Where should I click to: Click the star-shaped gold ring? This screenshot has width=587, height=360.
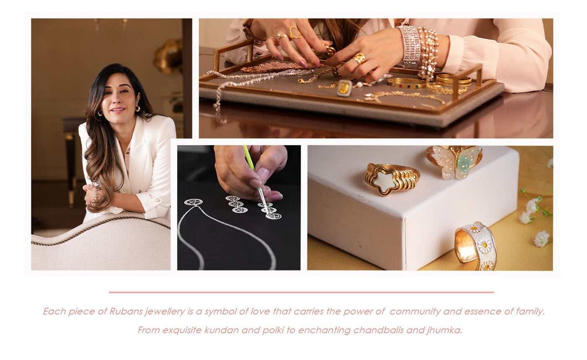pyautogui.click(x=392, y=179)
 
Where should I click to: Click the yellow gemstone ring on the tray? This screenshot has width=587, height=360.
pyautogui.click(x=344, y=88)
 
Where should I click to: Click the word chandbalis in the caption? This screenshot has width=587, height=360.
pyautogui.click(x=378, y=330)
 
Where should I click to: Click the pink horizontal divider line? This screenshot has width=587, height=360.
pyautogui.click(x=301, y=292)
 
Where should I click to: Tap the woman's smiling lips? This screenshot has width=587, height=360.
pyautogui.click(x=118, y=110)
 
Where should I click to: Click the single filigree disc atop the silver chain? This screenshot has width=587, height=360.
pyautogui.click(x=193, y=202)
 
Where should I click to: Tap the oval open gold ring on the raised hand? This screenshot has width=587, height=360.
pyautogui.click(x=295, y=33)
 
